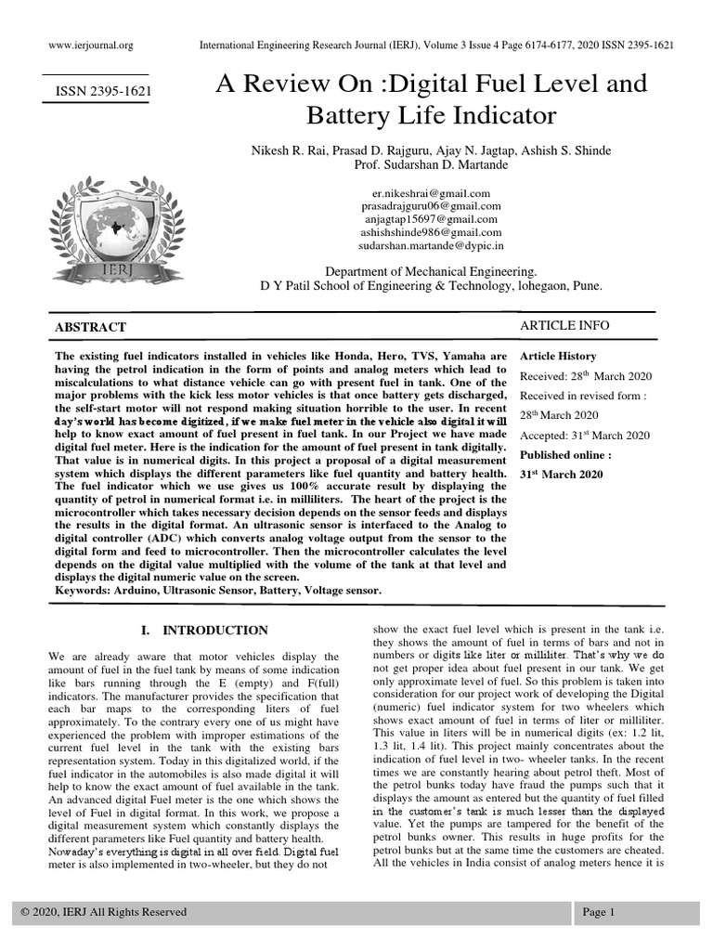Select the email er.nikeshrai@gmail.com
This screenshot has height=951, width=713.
pyautogui.click(x=430, y=192)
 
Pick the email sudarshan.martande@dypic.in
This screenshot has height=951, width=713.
pyautogui.click(x=430, y=246)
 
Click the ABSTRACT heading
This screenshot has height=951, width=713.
pyautogui.click(x=91, y=328)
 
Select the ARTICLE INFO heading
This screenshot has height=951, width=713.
pyautogui.click(x=564, y=325)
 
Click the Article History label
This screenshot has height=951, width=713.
pyautogui.click(x=558, y=357)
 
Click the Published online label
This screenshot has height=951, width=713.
pyautogui.click(x=565, y=455)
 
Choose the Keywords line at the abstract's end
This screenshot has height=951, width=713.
pyautogui.click(x=218, y=590)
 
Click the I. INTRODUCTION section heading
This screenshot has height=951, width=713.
pyautogui.click(x=204, y=631)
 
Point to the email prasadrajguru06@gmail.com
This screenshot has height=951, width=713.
pyautogui.click(x=430, y=206)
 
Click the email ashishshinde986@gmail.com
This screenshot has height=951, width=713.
pyautogui.click(x=430, y=233)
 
